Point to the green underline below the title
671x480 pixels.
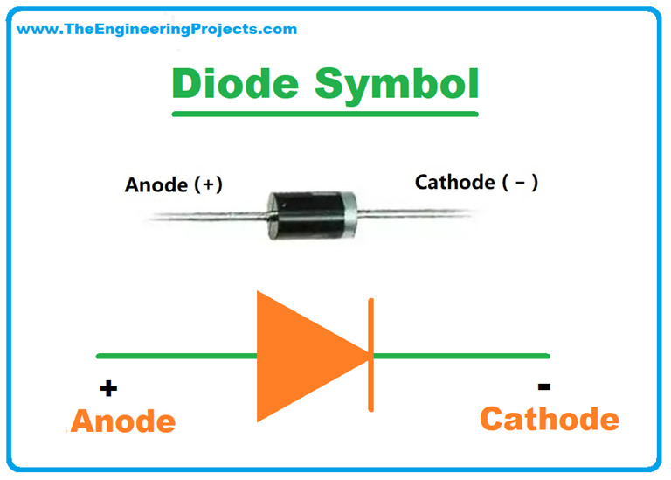click(326, 113)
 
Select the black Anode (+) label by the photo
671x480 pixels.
click(174, 184)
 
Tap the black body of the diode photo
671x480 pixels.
click(306, 210)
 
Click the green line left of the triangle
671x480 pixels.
click(175, 356)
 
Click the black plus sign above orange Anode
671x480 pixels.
click(108, 389)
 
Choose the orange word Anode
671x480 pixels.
click(123, 421)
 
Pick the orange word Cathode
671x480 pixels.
click(550, 419)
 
